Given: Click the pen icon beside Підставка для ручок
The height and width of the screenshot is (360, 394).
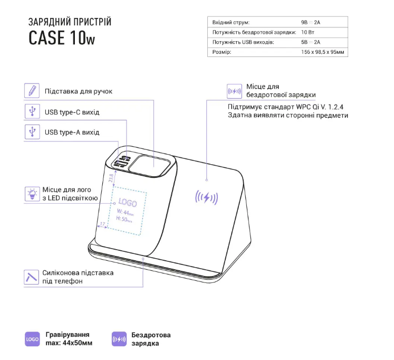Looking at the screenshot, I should [32, 91].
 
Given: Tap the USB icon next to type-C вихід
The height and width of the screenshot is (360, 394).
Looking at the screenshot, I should [32, 111].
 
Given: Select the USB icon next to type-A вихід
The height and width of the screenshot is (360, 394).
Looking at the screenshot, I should [32, 131].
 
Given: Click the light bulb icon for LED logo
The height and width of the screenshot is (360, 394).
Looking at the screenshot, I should [32, 193].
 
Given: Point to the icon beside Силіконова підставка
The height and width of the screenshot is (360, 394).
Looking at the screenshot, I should [32, 276].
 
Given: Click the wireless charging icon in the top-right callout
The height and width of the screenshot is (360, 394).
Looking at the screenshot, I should [234, 91].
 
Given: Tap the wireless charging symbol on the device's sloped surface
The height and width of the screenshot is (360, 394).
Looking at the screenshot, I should [206, 198].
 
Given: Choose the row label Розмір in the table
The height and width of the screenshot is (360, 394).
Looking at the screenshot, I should [222, 52].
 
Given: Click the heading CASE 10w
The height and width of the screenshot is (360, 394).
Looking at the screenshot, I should [62, 39].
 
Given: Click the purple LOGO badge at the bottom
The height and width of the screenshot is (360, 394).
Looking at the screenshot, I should [32, 339].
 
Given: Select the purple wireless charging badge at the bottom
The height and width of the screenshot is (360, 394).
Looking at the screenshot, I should [119, 339].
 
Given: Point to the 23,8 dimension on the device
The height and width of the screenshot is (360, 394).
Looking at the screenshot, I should [111, 177].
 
